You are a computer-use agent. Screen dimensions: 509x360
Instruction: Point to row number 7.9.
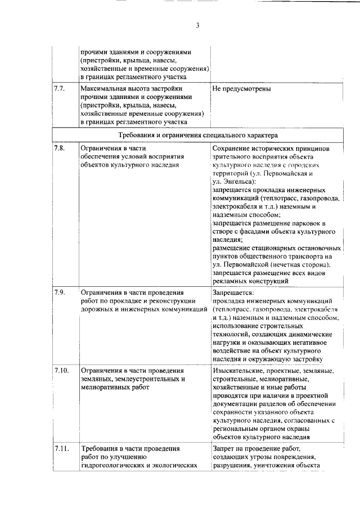click(x=60, y=293)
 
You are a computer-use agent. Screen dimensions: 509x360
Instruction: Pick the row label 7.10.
click(x=61, y=371)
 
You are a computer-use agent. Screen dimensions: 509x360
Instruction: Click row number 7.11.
click(x=61, y=449)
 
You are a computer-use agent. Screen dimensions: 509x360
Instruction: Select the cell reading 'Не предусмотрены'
click(x=242, y=89)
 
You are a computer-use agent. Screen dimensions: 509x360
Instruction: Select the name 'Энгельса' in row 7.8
click(x=238, y=182)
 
